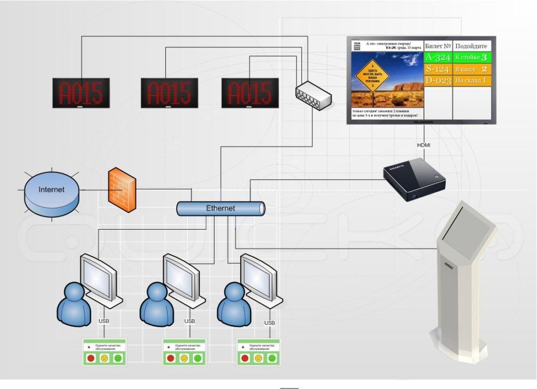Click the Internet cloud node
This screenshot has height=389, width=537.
[x=51, y=189]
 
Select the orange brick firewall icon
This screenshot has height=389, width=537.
[x=122, y=189]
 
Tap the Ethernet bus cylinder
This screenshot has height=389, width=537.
[x=220, y=209]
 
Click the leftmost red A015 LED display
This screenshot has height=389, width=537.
[x=81, y=93]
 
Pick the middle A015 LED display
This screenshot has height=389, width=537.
[x=169, y=93]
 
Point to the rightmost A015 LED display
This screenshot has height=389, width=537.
[x=250, y=93]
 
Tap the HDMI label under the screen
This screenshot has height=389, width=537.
[x=424, y=145]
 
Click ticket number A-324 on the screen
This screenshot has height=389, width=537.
[x=437, y=57]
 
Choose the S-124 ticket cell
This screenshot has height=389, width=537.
[x=437, y=69]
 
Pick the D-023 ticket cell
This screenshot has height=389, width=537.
[x=437, y=80]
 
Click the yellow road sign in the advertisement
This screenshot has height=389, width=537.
[x=372, y=78]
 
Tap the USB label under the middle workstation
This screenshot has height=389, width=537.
[x=190, y=321]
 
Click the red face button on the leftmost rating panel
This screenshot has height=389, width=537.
[x=91, y=359]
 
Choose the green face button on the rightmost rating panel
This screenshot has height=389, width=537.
[x=272, y=359]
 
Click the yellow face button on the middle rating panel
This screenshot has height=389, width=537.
[x=184, y=359]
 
